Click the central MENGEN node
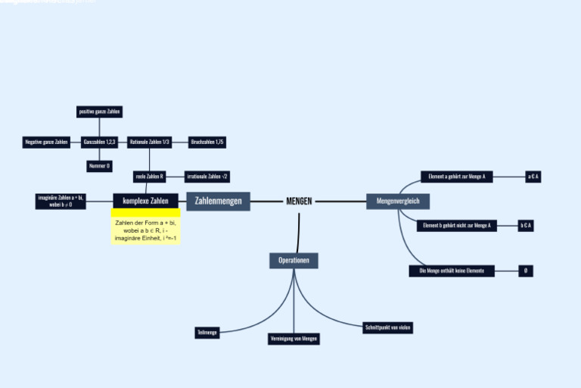tap(299, 202)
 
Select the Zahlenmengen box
tap(218, 201)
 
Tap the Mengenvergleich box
tap(398, 201)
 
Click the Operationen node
tap(294, 260)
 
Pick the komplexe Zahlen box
tap(145, 201)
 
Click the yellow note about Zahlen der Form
tap(145, 230)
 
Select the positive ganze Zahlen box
tap(99, 111)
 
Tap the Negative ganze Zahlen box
tap(46, 142)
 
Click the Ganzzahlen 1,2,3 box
tap(99, 142)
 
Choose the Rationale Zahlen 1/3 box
tap(149, 142)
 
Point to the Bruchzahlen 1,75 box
tap(207, 142)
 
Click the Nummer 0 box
tap(99, 166)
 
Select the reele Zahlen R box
tap(149, 177)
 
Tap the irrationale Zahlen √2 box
tap(207, 177)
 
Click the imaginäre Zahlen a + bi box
tap(61, 201)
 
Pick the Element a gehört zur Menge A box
tap(456, 177)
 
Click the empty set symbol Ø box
tap(525, 271)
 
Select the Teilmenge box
tap(207, 333)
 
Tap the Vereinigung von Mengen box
tap(294, 339)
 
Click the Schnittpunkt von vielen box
tap(388, 327)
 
